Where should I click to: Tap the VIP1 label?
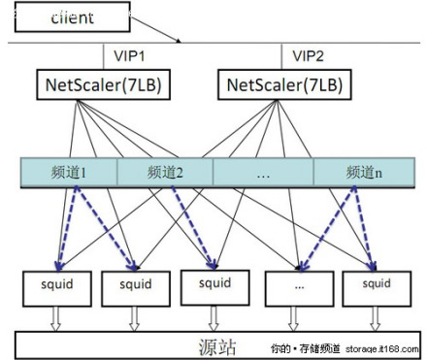tap(132, 55)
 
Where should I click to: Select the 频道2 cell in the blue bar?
tap(165, 173)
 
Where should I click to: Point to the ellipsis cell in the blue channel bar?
tap(263, 173)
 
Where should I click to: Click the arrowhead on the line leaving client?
tap(180, 40)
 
